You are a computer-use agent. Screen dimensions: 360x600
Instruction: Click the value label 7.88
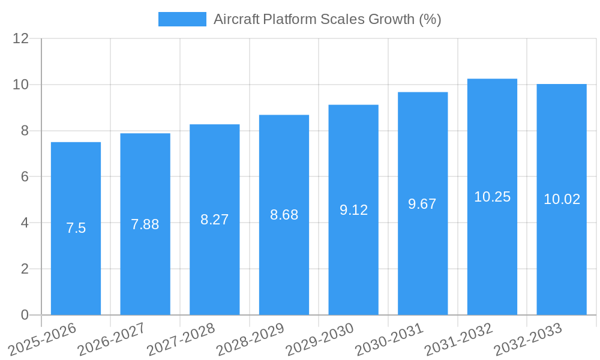click(145, 224)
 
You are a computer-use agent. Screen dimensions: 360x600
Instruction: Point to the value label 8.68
click(284, 215)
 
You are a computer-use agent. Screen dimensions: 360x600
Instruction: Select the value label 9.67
click(422, 204)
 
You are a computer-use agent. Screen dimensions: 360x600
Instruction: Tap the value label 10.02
click(562, 199)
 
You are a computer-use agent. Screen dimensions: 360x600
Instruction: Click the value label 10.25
click(492, 197)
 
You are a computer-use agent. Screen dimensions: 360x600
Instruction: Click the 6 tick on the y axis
click(25, 176)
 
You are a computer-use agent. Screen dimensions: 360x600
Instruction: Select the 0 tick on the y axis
click(25, 315)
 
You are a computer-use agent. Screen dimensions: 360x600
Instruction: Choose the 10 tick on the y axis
click(21, 85)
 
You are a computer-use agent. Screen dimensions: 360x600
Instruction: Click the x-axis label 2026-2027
click(112, 339)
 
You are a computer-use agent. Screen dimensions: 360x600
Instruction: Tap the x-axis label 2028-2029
click(250, 339)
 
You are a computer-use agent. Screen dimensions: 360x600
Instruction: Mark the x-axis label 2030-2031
click(389, 339)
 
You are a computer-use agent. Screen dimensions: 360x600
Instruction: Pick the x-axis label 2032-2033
click(528, 339)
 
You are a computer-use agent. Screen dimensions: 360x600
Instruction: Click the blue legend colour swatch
click(182, 19)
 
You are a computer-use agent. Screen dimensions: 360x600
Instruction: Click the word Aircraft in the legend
click(236, 19)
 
